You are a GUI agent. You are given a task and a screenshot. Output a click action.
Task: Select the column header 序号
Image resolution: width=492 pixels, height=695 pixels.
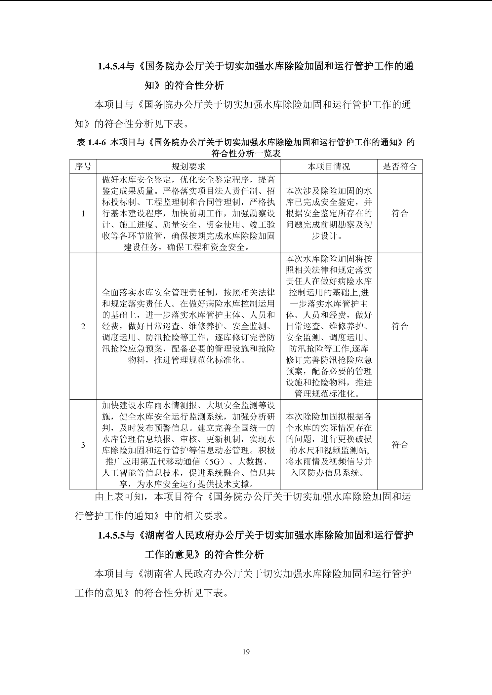(83, 166)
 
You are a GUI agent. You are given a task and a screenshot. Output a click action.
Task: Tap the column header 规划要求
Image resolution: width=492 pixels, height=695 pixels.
(188, 166)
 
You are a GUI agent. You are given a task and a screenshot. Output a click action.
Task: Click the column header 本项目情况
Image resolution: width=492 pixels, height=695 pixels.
(329, 166)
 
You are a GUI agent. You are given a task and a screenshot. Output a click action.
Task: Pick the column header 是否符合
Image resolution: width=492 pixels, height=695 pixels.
(400, 166)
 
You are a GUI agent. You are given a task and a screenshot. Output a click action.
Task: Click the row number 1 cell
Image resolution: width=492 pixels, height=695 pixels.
(83, 214)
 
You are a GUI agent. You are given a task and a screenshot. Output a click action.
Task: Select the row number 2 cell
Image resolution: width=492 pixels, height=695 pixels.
(83, 327)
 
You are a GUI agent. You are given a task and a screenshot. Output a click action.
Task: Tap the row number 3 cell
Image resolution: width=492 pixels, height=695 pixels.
(83, 445)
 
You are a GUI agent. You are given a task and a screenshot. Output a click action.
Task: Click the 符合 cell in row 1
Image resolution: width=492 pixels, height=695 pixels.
(400, 213)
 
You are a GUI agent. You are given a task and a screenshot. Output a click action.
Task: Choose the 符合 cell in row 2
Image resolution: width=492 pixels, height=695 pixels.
(400, 326)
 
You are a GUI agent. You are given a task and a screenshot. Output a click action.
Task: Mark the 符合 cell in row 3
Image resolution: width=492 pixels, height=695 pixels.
(400, 445)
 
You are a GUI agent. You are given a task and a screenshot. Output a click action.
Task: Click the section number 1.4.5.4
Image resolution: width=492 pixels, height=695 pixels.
(111, 66)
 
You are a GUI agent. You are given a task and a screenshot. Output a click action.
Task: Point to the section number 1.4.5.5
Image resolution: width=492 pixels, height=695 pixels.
(111, 535)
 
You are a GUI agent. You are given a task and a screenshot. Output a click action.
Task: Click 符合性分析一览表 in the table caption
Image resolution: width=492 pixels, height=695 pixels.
(246, 154)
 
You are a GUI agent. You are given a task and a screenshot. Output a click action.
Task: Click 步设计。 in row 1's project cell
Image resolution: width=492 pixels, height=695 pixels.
(329, 236)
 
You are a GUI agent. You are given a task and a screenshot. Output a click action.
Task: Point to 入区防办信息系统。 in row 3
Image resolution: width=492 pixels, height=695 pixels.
(329, 473)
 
